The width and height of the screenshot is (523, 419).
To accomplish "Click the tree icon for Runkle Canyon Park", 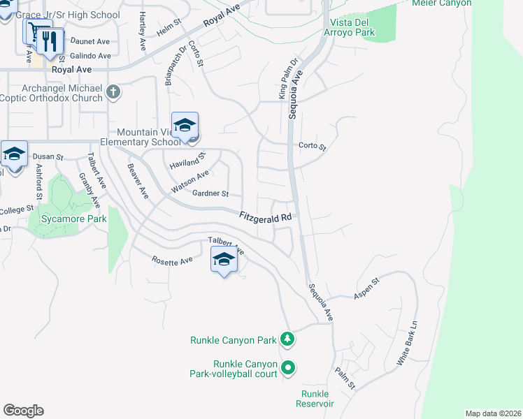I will (x=287, y=339).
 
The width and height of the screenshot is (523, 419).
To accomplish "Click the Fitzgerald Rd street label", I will (x=266, y=218).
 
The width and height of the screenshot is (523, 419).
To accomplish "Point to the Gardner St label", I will (x=210, y=193).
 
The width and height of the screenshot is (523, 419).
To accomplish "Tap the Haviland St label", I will (x=187, y=162).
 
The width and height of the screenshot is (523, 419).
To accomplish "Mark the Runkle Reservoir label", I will (x=315, y=399).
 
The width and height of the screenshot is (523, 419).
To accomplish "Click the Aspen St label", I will (x=366, y=288).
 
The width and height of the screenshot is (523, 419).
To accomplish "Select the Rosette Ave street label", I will (x=172, y=260).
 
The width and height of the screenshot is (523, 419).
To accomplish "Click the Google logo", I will (x=23, y=411).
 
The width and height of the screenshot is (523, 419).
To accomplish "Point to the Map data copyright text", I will (x=493, y=413).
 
